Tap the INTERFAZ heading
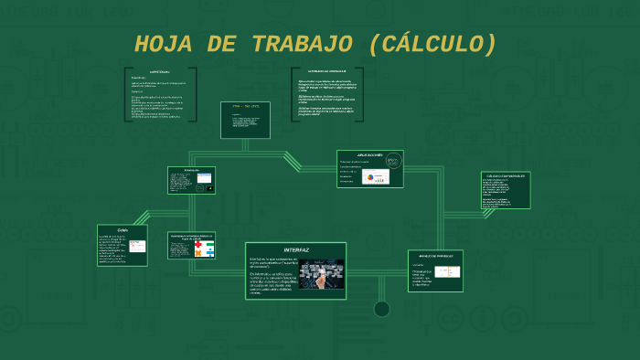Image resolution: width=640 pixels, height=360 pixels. click(x=296, y=249)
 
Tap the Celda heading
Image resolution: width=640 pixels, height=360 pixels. click(x=123, y=229)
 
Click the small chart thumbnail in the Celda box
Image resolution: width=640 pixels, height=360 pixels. click(x=137, y=246)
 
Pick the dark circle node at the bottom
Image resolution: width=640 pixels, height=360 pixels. click(x=382, y=309)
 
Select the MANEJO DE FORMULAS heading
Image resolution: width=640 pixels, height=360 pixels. click(x=435, y=256)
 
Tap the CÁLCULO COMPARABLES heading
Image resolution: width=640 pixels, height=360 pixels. click(x=506, y=175)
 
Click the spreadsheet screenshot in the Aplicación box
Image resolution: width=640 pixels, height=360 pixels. click(x=204, y=177)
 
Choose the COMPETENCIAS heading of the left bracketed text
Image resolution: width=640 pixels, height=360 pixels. click(x=160, y=71)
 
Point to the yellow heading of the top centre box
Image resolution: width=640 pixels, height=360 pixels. click(x=245, y=107)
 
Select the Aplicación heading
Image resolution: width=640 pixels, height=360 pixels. click(x=190, y=170)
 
